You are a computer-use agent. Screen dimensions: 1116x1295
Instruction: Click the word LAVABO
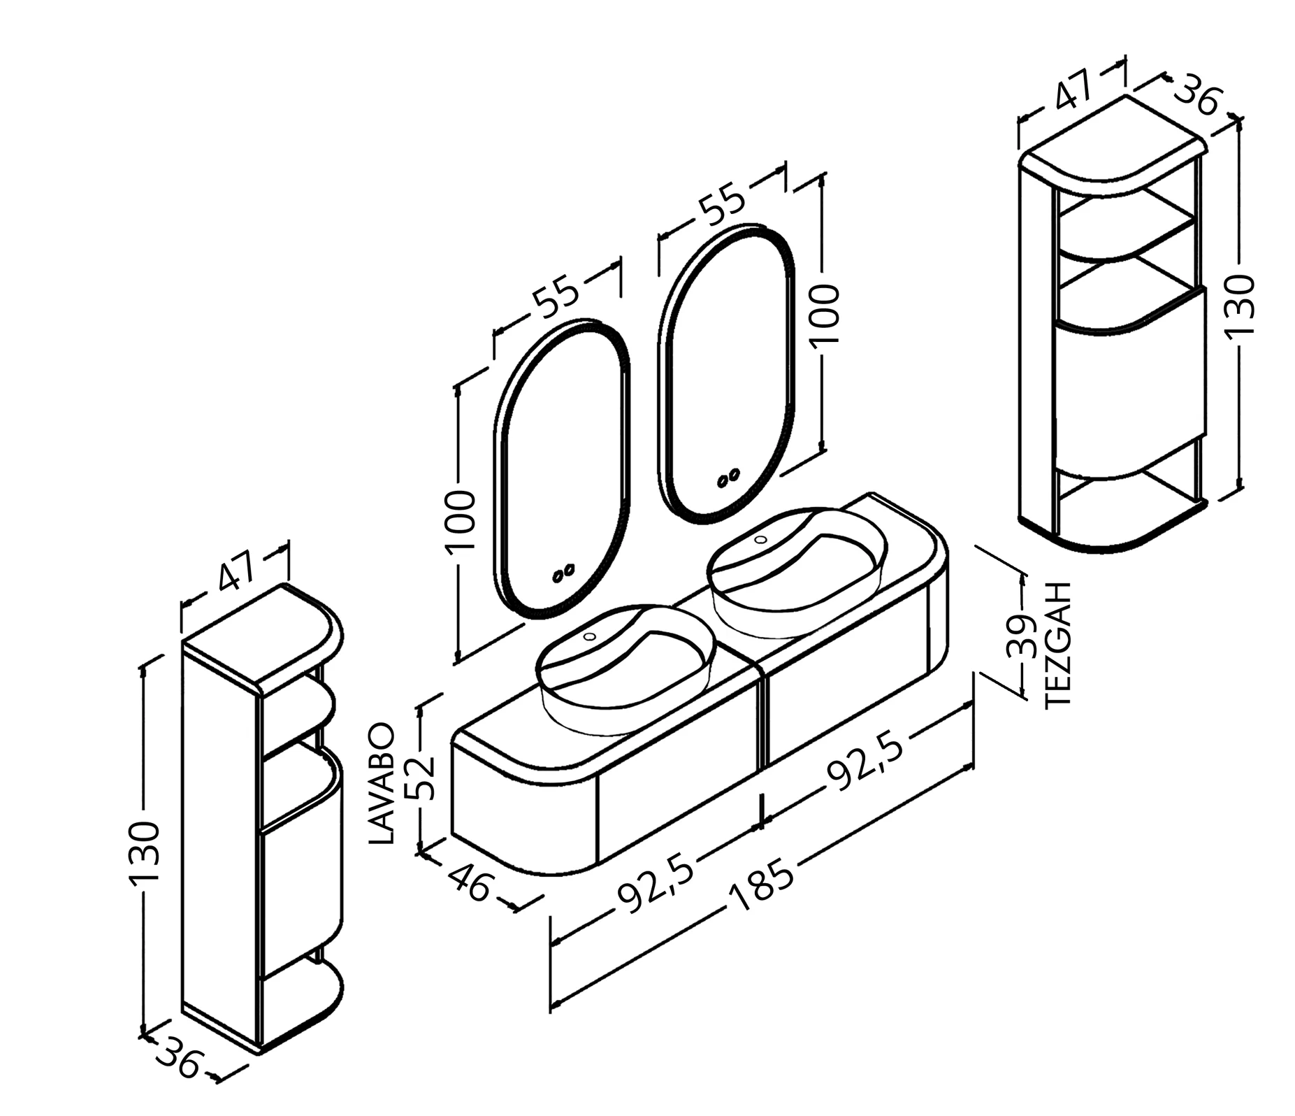pos(383,785)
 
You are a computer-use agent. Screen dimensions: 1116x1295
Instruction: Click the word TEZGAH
pos(1059,645)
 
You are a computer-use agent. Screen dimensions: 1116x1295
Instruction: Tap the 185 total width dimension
pos(762,886)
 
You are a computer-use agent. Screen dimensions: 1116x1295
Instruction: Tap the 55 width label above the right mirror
pos(723,203)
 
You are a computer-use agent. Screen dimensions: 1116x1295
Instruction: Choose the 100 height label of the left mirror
pos(460,520)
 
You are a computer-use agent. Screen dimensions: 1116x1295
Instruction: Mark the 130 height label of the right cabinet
pos(1240,305)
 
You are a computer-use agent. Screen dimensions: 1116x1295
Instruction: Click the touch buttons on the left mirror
pos(563,573)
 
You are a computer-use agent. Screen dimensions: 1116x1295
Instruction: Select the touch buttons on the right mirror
pos(728,478)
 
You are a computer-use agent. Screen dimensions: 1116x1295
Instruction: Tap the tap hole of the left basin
pos(590,636)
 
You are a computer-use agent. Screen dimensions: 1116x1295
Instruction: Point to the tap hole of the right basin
pos(761,539)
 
